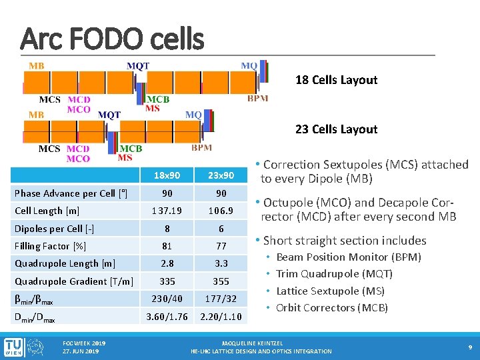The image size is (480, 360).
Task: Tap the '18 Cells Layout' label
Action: (336, 80)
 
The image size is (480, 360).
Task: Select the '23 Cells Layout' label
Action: (336, 129)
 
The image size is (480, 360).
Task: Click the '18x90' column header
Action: (166, 175)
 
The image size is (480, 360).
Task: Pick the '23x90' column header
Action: (220, 175)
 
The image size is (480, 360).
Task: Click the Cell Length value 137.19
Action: (166, 211)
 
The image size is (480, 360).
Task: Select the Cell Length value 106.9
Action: (220, 211)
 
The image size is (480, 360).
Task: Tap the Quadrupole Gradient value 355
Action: (220, 281)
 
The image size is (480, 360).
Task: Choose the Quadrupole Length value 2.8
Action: (166, 263)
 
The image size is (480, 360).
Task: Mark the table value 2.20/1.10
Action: (220, 316)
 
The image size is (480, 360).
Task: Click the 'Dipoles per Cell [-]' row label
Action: (54, 229)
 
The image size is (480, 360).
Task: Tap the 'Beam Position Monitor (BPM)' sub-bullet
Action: (349, 257)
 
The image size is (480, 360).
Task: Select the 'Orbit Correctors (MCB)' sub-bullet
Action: (332, 307)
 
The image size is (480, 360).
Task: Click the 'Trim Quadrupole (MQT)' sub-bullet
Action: (334, 273)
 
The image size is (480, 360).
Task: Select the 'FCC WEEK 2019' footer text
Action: (83, 343)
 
